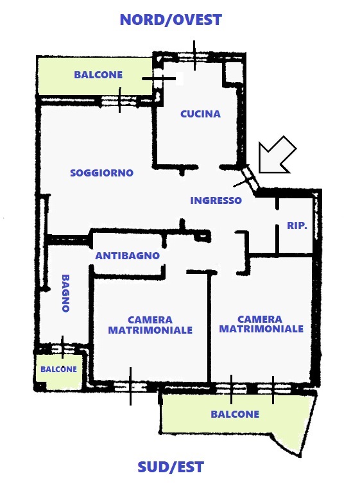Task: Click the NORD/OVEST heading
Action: (171, 20)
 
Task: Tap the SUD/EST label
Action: (171, 467)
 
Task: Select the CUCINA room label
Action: (200, 114)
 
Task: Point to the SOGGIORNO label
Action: (101, 173)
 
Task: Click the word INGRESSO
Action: (216, 200)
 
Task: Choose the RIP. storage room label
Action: (297, 225)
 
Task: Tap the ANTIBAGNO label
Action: (128, 255)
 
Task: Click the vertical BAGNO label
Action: (65, 293)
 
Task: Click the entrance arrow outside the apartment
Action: (277, 155)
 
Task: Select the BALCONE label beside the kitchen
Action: (98, 74)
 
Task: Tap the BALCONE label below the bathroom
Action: (58, 369)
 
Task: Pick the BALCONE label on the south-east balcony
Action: (235, 414)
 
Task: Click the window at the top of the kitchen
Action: (194, 57)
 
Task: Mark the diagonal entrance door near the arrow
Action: (250, 179)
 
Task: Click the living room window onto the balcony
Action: (119, 101)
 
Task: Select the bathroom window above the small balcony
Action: (62, 348)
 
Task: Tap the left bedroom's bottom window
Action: (130, 386)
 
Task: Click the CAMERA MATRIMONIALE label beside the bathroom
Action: (150, 325)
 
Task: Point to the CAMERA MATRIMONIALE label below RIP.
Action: (261, 324)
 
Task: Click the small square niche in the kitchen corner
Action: (234, 72)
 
